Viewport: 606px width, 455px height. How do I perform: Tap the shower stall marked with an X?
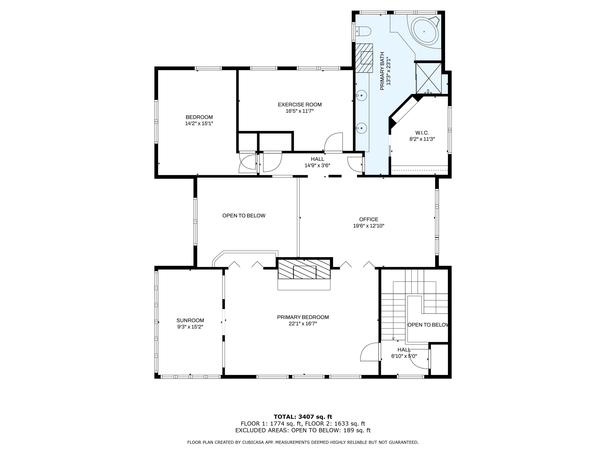(x=429, y=78)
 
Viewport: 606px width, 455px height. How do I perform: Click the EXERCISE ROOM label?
(x=299, y=104)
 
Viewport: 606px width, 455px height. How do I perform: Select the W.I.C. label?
(x=422, y=133)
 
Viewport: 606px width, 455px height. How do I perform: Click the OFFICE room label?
(x=368, y=219)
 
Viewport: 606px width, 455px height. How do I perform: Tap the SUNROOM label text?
(x=190, y=320)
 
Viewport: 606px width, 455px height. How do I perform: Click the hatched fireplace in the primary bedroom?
(x=304, y=269)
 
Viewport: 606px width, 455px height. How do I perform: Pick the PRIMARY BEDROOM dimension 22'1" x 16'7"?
(x=303, y=324)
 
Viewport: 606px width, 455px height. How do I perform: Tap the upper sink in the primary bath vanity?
(x=362, y=95)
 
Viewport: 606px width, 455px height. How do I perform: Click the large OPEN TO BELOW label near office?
(x=244, y=216)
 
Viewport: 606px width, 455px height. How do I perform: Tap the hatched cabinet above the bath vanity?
(x=364, y=58)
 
